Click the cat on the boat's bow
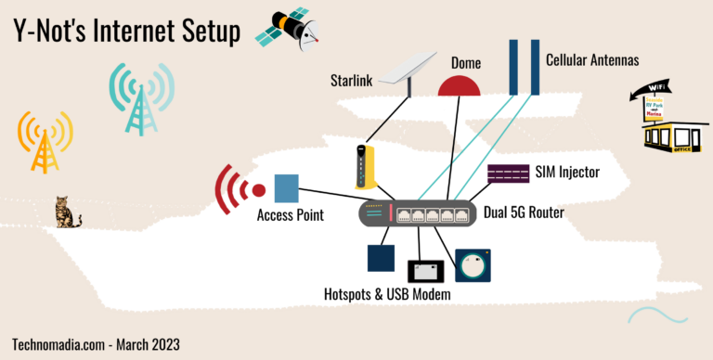65,212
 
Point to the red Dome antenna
460,85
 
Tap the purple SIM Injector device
508,174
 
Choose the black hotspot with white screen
426,271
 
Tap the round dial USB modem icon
473,265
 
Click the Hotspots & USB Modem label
386,295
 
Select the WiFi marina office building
667,122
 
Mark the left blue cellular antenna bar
512,66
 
